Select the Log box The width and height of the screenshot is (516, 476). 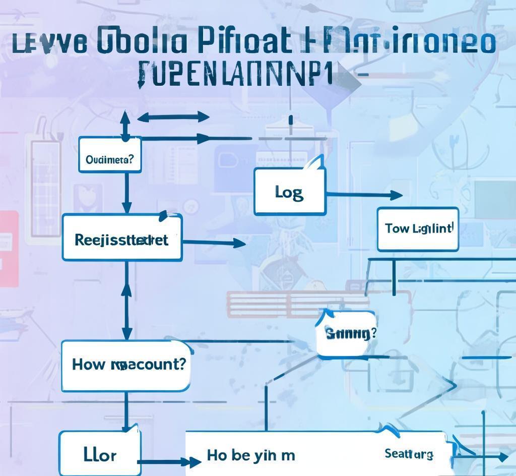click(x=289, y=192)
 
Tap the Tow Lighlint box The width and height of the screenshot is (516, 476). click(x=418, y=229)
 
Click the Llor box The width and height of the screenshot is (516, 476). click(x=99, y=454)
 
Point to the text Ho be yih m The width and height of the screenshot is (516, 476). click(x=250, y=455)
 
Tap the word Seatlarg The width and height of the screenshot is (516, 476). click(x=408, y=454)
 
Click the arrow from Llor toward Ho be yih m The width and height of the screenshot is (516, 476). click(x=169, y=461)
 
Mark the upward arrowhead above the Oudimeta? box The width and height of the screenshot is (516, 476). click(x=125, y=120)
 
